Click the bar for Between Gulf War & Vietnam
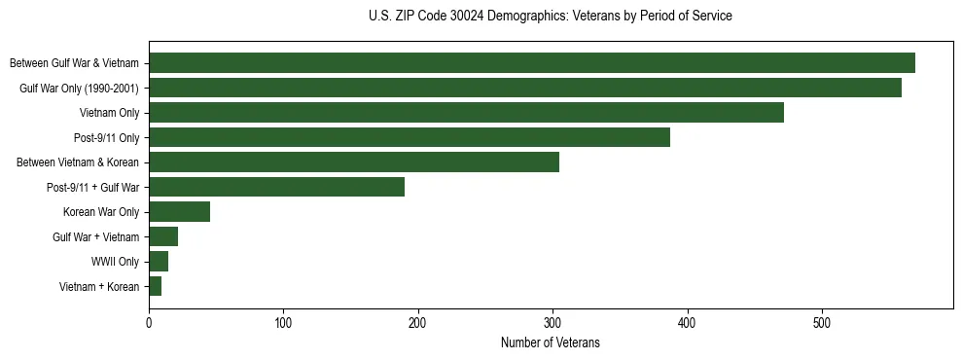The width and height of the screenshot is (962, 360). tap(531, 63)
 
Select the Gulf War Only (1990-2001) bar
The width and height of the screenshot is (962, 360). tap(525, 88)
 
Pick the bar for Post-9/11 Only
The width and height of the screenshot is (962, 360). tap(410, 137)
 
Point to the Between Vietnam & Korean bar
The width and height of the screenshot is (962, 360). tap(354, 162)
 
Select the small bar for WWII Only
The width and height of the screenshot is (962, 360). tap(159, 262)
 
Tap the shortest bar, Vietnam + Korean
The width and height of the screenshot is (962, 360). tap(155, 286)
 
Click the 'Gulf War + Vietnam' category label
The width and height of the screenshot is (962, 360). tap(95, 237)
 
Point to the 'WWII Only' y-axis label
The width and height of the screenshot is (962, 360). tap(115, 262)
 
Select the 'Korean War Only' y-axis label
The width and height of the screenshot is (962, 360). tap(101, 212)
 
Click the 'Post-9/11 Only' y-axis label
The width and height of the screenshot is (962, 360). tap(107, 137)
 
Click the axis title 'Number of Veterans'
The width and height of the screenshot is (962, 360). tap(550, 342)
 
